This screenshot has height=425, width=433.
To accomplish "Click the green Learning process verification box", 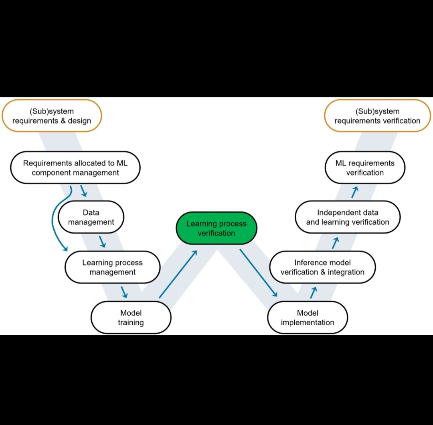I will click(216, 228).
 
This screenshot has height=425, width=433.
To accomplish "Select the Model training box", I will click(131, 317).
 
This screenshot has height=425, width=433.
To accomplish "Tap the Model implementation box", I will click(308, 317).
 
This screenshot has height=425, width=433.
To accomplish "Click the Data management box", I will click(91, 217).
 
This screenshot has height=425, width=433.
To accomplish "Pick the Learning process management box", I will click(112, 267).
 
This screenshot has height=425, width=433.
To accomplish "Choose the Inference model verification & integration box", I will click(322, 267).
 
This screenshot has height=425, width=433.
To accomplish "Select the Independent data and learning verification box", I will click(348, 217).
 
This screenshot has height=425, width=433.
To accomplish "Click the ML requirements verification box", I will click(365, 167).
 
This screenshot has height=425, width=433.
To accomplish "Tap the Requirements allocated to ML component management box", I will click(75, 167).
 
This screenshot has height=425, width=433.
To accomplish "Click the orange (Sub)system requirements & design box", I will click(52, 116).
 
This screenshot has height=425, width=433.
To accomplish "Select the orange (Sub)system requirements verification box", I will click(377, 116).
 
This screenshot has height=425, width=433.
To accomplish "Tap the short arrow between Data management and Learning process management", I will click(103, 242).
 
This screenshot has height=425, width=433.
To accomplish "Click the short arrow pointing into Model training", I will click(124, 292).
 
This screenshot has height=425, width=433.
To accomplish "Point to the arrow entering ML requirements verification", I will click(354, 192).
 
